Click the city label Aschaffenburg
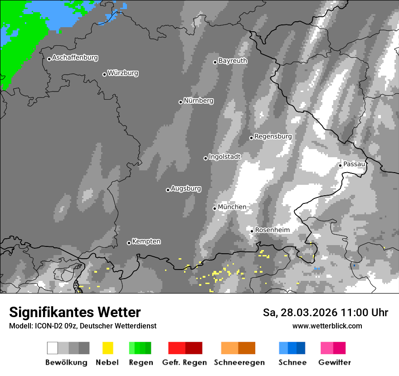(x=75, y=58)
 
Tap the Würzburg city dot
(x=104, y=74)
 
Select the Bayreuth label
(x=233, y=61)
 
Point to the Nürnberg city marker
(x=180, y=102)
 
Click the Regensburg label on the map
(x=273, y=136)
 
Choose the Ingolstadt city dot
(x=205, y=158)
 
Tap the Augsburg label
(x=186, y=188)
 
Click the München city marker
(x=215, y=208)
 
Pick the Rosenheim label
(x=272, y=230)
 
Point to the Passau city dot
(x=340, y=165)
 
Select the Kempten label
(x=146, y=241)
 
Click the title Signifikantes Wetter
(x=75, y=313)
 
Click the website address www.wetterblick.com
(x=327, y=326)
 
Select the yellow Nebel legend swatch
(x=107, y=348)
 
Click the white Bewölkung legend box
(x=53, y=348)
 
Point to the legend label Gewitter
(x=335, y=362)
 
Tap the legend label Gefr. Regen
(x=184, y=362)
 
